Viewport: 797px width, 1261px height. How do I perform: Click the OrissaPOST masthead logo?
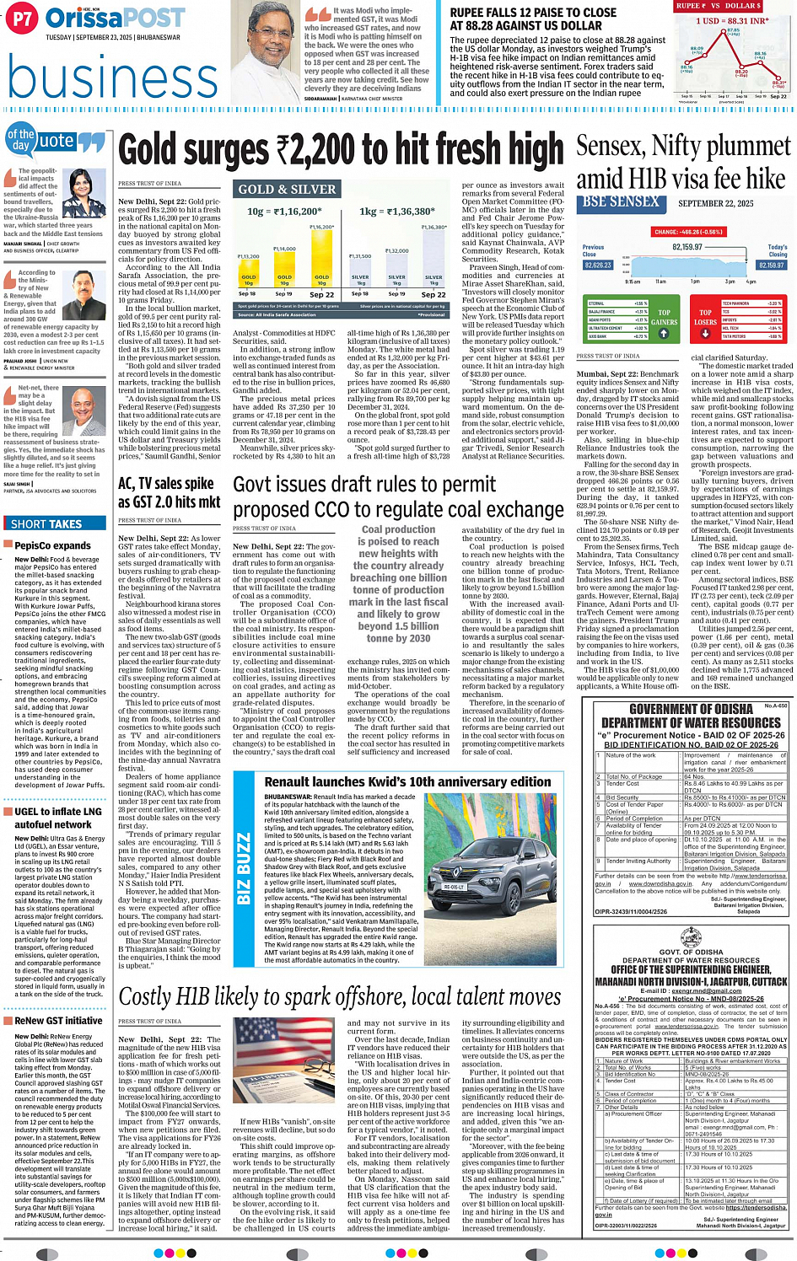click(116, 19)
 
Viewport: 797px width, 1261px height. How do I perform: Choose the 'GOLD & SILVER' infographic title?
click(287, 190)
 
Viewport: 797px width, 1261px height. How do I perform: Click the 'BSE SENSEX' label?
click(620, 202)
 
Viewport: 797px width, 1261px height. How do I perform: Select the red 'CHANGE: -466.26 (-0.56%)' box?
click(688, 232)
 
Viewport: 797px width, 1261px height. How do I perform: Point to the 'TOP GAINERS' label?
click(664, 318)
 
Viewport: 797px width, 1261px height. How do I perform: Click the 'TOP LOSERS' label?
click(705, 318)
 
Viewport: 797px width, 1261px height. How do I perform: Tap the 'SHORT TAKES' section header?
click(46, 523)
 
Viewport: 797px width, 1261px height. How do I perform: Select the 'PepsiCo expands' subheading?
click(52, 545)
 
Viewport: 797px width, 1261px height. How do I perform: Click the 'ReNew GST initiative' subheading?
click(58, 1021)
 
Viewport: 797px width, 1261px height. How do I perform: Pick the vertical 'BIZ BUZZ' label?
click(245, 868)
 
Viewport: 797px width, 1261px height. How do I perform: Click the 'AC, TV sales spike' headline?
click(166, 483)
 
